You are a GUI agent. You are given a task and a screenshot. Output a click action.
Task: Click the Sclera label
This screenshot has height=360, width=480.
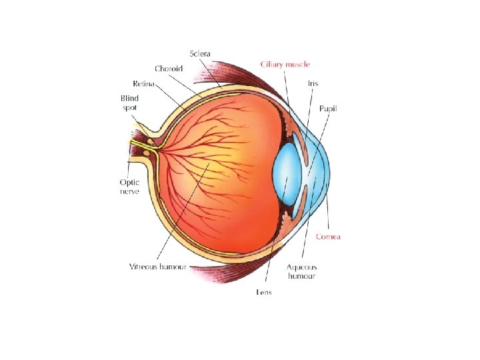coord(201,53)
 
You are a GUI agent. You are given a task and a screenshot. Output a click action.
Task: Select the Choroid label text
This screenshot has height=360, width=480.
coord(169,68)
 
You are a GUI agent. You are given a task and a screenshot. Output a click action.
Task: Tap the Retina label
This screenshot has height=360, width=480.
coord(143,83)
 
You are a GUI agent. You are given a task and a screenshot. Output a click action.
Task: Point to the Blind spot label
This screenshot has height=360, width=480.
coord(129,103)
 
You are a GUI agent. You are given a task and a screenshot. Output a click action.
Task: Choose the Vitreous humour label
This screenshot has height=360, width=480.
coord(158,267)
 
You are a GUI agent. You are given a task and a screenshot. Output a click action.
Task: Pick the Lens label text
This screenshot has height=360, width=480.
coord(263,292)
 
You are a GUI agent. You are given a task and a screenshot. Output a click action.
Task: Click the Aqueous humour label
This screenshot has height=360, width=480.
coord(301,271)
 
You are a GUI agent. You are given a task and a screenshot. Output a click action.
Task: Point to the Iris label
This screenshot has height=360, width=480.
coord(313,84)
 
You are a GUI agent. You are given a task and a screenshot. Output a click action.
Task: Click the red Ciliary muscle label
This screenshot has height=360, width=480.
coord(285,65)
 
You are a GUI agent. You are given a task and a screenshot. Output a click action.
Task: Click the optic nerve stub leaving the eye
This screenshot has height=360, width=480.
coord(139,147)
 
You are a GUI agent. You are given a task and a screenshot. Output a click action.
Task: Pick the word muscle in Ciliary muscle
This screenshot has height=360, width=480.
coord(297,65)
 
